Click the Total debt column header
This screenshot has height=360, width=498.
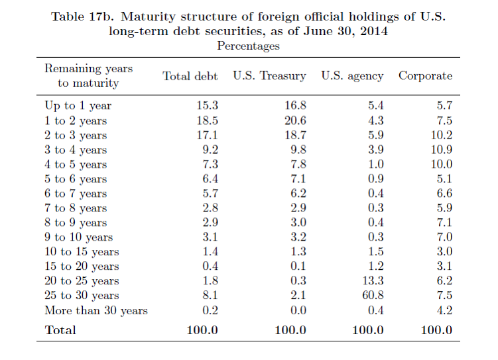click(x=190, y=76)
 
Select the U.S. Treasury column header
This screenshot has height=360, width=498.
click(x=269, y=76)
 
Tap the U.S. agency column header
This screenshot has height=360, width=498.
click(x=352, y=76)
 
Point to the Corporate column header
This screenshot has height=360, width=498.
click(x=425, y=76)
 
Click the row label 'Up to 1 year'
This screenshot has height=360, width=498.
click(x=78, y=105)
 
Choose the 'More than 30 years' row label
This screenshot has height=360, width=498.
click(x=96, y=310)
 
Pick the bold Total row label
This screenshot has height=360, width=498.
click(x=60, y=330)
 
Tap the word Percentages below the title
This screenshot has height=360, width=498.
click(x=248, y=46)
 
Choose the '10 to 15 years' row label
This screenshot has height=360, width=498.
click(x=82, y=252)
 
